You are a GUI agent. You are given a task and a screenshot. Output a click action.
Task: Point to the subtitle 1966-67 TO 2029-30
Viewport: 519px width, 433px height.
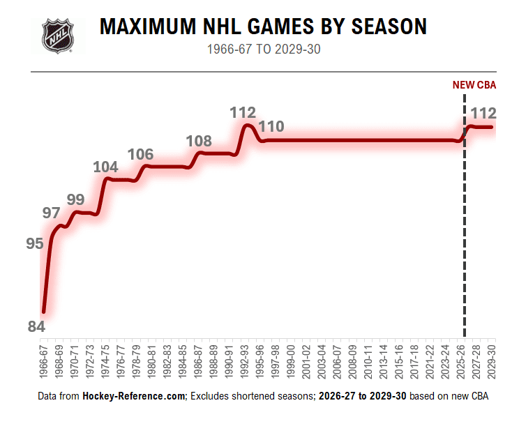[263, 50]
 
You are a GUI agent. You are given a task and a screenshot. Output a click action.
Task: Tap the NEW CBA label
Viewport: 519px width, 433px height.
[474, 86]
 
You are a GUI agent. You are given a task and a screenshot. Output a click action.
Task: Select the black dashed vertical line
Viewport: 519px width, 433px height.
[465, 230]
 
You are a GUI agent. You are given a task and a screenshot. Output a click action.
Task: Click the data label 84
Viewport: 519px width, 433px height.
[36, 326]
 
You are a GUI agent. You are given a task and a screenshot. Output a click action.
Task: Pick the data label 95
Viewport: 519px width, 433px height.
[35, 243]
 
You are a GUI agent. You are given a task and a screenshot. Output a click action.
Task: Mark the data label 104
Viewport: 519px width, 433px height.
[105, 167]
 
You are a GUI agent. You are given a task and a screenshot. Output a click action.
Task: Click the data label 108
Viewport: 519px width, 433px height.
[199, 142]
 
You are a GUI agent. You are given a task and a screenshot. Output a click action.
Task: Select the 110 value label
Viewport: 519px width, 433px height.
[271, 127]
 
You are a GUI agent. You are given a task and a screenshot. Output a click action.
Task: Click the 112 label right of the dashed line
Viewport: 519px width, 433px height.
[483, 113]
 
